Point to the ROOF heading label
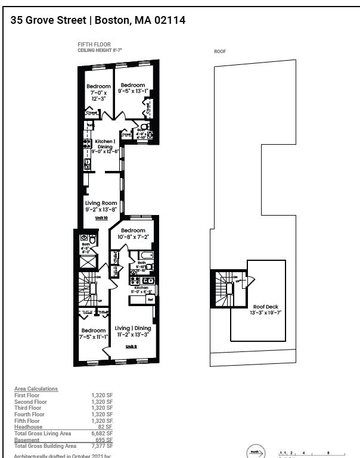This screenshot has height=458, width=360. tap(220, 52)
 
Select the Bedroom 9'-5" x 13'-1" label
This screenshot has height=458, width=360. tap(131, 88)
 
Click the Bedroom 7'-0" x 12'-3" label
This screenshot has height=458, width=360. tap(98, 92)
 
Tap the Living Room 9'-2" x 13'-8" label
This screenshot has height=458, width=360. tap(101, 206)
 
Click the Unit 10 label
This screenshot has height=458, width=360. tap(101, 218)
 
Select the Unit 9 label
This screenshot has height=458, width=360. tap(131, 346)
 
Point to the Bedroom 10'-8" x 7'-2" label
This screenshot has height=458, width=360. tap(133, 233)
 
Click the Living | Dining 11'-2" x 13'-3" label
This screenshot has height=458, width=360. tap(133, 331)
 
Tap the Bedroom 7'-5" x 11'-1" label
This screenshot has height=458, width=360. tap(94, 334)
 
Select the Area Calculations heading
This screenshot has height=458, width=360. tap(36, 389)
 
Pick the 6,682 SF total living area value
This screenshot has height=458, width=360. tap(103, 433)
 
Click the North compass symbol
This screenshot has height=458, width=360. tap(255, 452)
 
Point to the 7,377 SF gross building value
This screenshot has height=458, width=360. tap(103, 445)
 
